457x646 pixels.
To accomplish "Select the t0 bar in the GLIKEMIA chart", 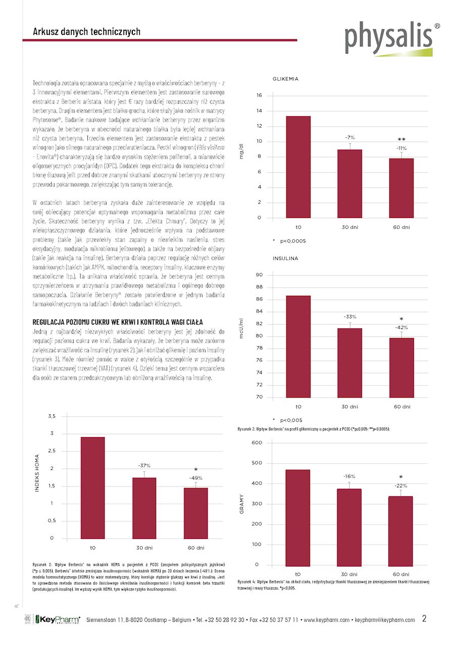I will pos(297,167).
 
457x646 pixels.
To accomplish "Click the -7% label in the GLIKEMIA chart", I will pos(350,137).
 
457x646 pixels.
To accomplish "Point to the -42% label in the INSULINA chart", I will pos(401,328).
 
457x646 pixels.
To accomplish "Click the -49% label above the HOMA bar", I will pos(196,477).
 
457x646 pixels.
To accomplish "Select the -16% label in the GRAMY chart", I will pos(349,476).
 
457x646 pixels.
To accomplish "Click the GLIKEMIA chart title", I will pos(285,79).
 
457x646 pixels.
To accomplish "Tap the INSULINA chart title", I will pos(285,258).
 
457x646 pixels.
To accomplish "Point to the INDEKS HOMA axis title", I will pos(37,474).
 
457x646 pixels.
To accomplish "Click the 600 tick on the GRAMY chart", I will pos(257,443).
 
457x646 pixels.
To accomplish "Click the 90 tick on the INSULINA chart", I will pos(259,275).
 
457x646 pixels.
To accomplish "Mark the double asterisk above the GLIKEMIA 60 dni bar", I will pos(401,140).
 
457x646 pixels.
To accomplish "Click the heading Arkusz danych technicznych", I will pos(86,32).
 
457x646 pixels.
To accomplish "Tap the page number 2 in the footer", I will pos(424,619).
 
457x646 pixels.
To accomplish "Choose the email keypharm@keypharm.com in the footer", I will pos(385,620).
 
